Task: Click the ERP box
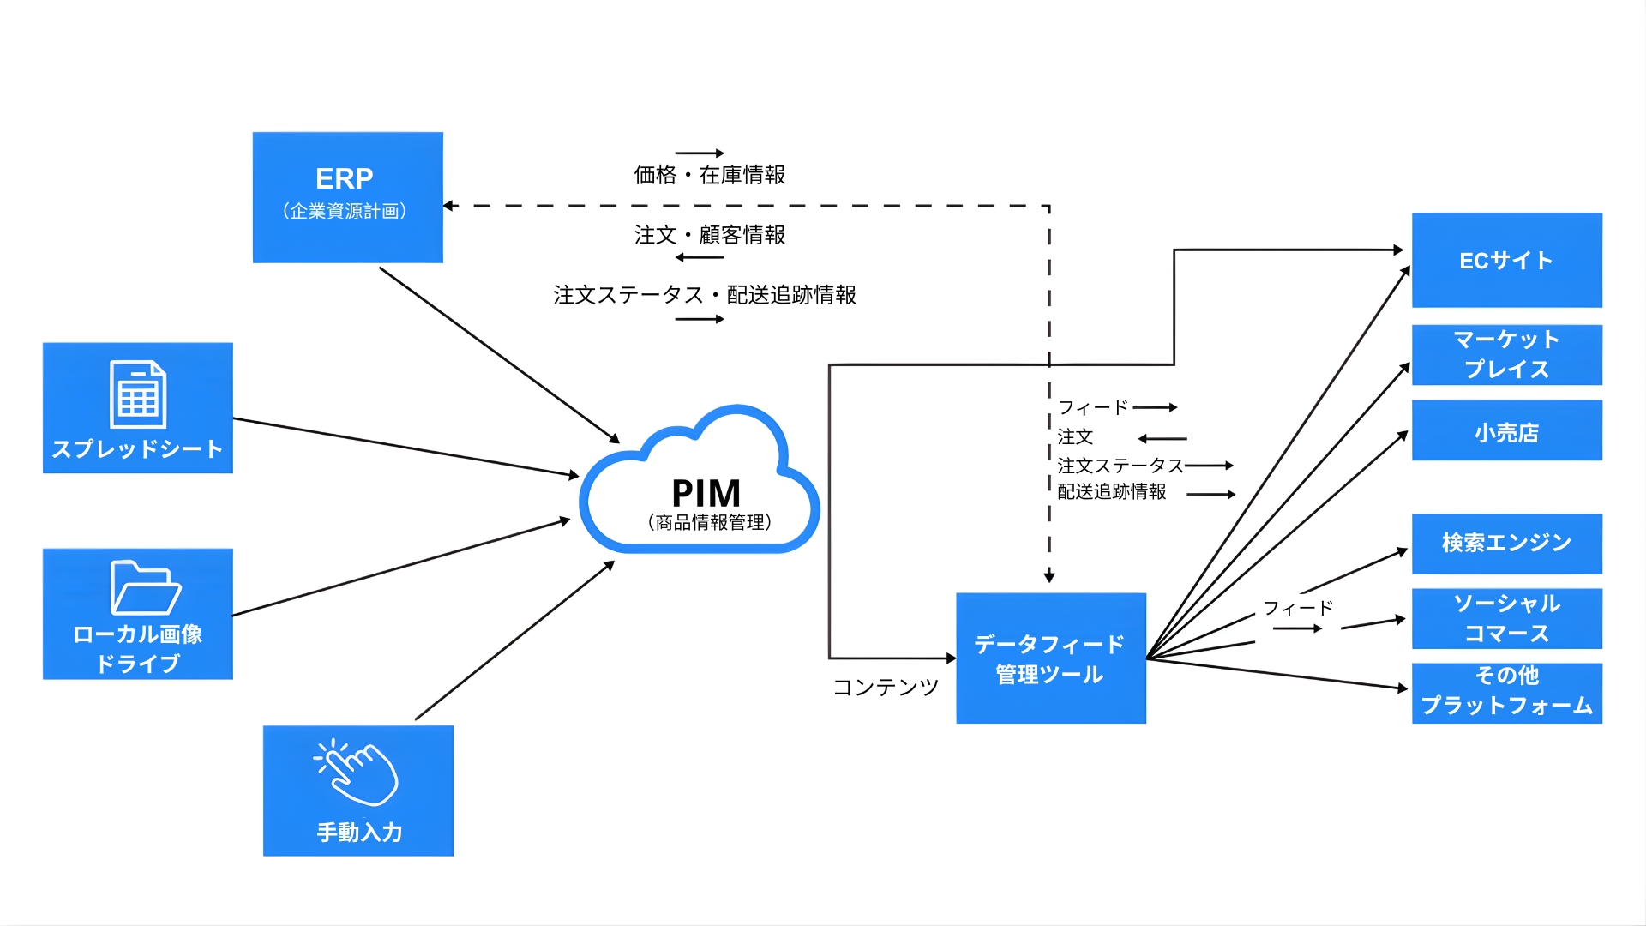click(x=347, y=196)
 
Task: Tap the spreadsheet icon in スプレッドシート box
click(x=138, y=394)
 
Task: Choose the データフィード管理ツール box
click(x=1050, y=658)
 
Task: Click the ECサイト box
click(x=1506, y=260)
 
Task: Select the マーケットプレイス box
click(x=1506, y=354)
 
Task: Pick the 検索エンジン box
click(x=1506, y=543)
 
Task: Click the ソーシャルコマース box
click(x=1506, y=618)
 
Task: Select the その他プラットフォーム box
click(x=1506, y=692)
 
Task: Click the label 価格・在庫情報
click(x=709, y=175)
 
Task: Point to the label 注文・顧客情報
click(x=709, y=235)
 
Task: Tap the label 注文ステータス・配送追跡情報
click(x=704, y=295)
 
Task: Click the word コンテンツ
click(x=886, y=687)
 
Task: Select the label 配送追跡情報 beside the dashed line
click(x=1111, y=492)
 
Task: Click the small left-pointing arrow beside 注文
click(x=1162, y=438)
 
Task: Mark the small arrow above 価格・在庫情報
click(x=700, y=153)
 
